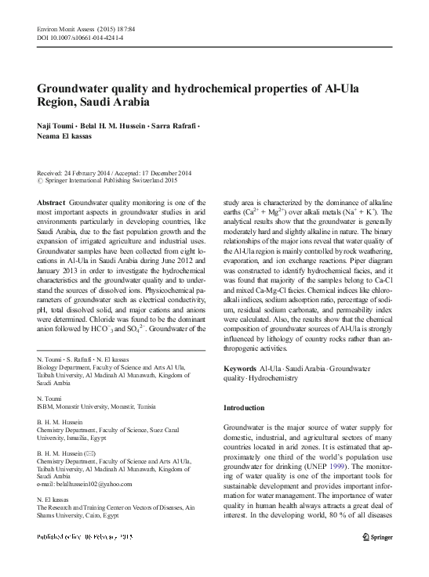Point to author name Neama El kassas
point(69,136)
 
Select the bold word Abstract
point(51,202)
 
